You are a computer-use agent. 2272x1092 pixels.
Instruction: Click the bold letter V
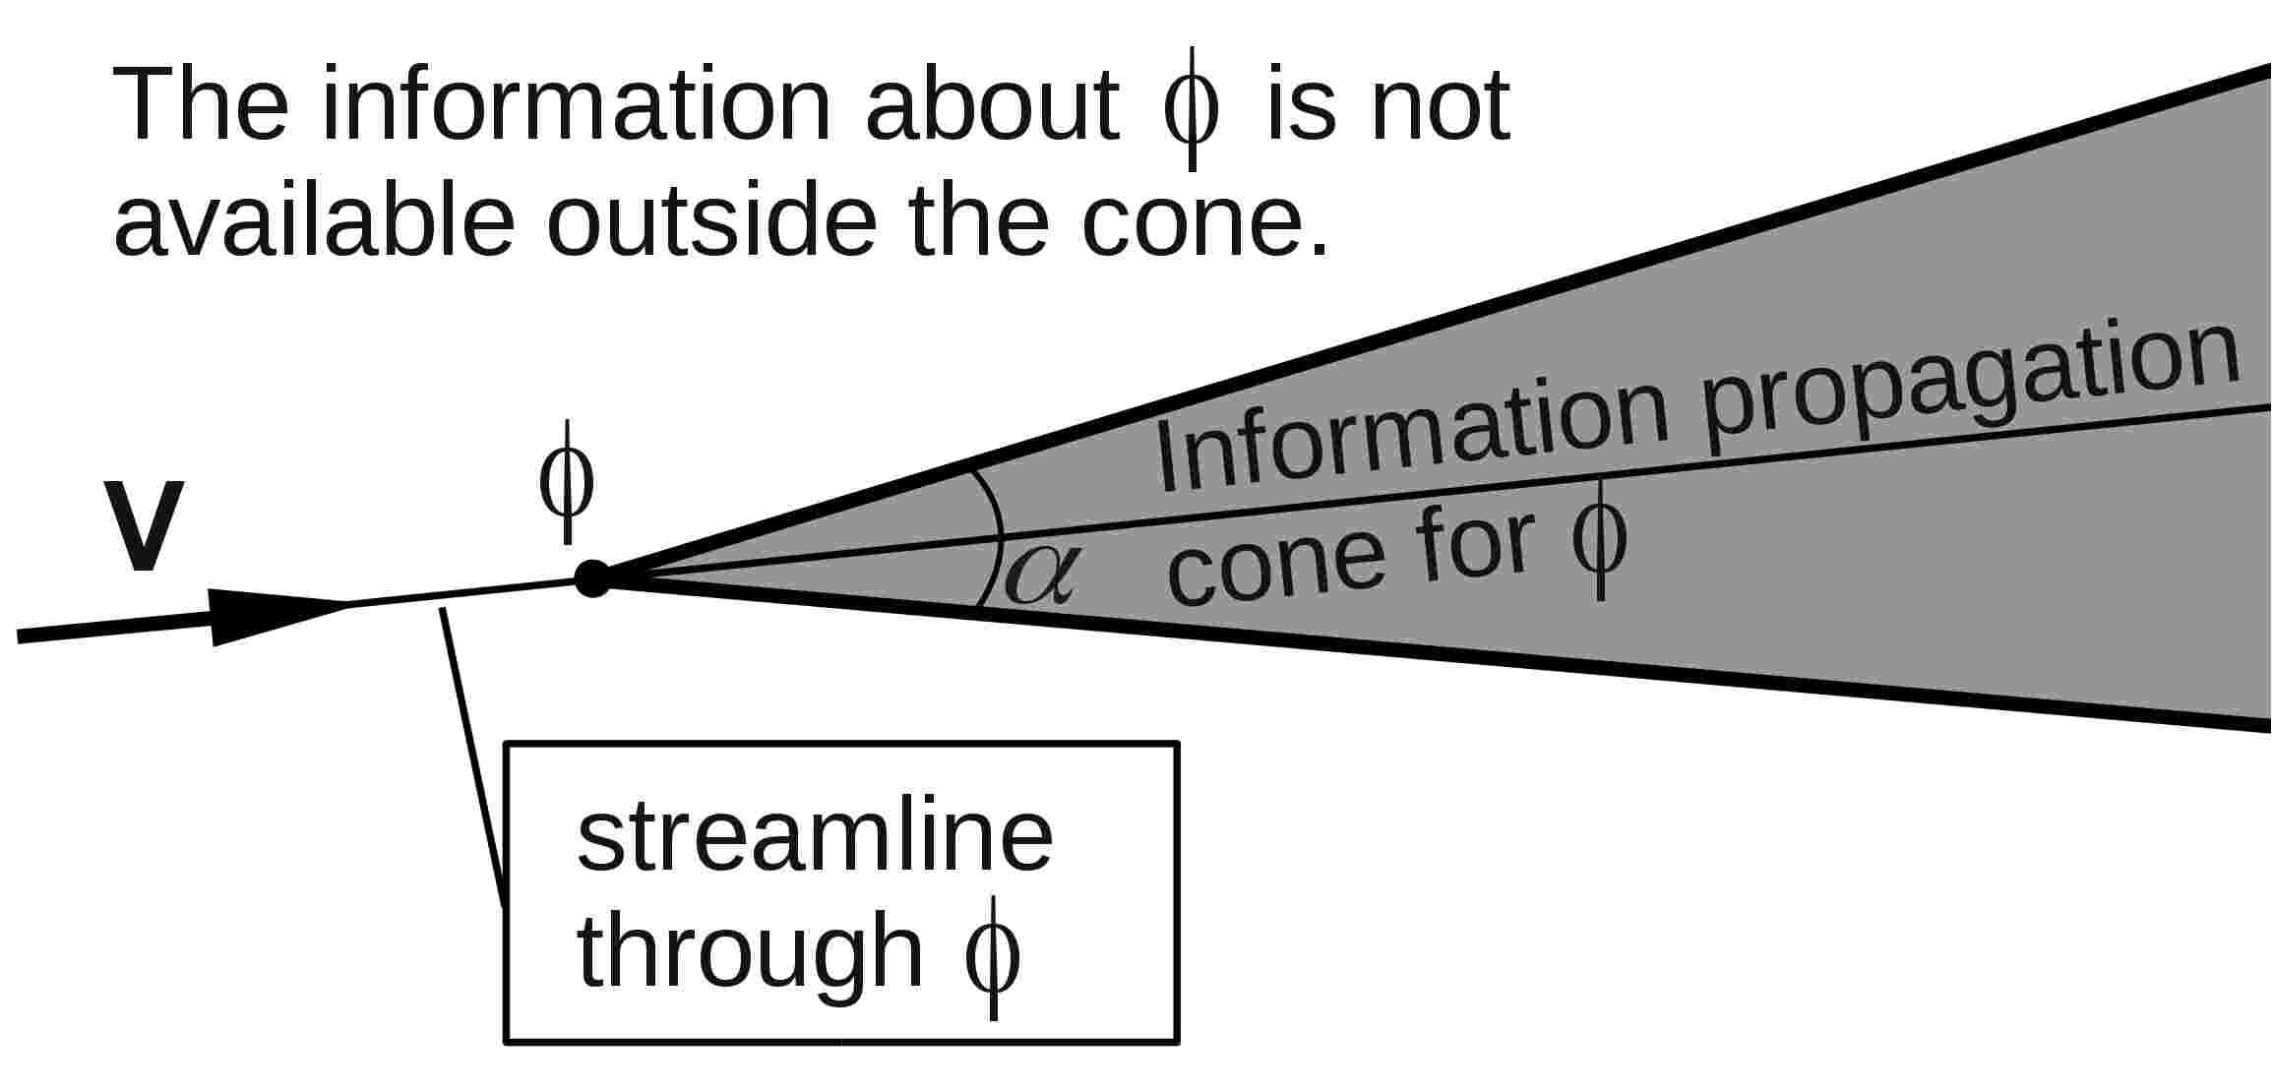tap(144, 527)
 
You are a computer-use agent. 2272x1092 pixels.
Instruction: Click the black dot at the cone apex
tap(592, 578)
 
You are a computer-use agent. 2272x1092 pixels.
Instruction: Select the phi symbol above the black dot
tap(567, 483)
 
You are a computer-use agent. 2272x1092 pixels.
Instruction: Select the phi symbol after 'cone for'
tap(1599, 540)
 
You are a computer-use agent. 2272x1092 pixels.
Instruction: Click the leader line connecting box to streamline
tap(473, 753)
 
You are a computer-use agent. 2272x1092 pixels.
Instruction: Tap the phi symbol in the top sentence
tap(1191, 108)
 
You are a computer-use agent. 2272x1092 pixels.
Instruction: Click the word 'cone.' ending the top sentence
tap(1204, 226)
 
